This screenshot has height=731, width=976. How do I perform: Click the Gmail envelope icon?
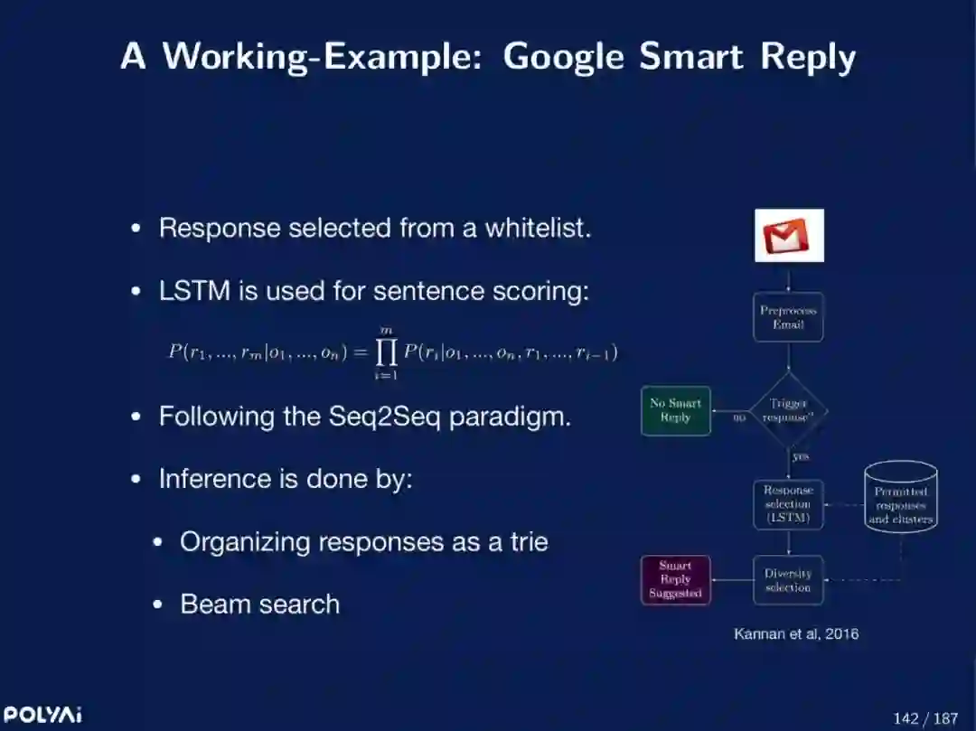pyautogui.click(x=789, y=236)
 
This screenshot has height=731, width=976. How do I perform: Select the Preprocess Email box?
pyautogui.click(x=788, y=317)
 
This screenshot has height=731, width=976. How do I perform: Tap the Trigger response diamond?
pyautogui.click(x=788, y=411)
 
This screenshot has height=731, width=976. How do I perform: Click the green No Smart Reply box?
pyautogui.click(x=675, y=411)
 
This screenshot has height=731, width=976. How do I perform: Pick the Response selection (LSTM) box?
pyautogui.click(x=788, y=504)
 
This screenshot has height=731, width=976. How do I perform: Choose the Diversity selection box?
pyautogui.click(x=788, y=580)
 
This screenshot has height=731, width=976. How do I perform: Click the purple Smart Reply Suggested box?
pyautogui.click(x=675, y=580)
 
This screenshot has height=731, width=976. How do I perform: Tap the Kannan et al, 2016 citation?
pyautogui.click(x=796, y=634)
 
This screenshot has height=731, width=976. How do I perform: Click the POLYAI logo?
pyautogui.click(x=42, y=715)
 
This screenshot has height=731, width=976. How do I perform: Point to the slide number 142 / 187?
pyautogui.click(x=924, y=718)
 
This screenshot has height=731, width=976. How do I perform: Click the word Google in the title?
pyautogui.click(x=563, y=57)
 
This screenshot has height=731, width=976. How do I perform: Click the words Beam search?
pyautogui.click(x=259, y=604)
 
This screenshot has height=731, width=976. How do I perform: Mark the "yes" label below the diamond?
pyautogui.click(x=800, y=457)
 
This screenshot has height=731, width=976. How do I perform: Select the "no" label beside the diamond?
pyautogui.click(x=738, y=417)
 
